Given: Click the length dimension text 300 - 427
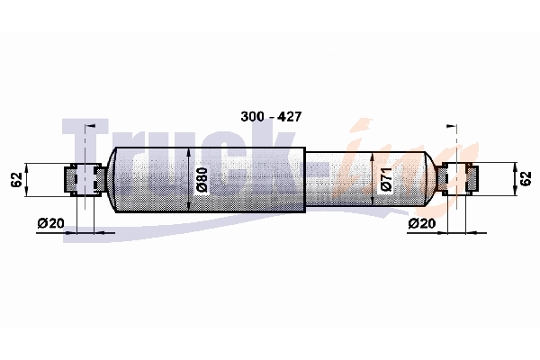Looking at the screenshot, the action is pyautogui.click(x=271, y=117).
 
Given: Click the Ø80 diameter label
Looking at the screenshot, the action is pyautogui.click(x=202, y=179).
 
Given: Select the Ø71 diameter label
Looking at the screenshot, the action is pyautogui.click(x=386, y=179).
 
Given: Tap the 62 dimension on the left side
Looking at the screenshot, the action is pyautogui.click(x=16, y=179).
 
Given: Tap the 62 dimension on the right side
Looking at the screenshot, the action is pyautogui.click(x=526, y=179).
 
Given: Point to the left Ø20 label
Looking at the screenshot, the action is pyautogui.click(x=51, y=223).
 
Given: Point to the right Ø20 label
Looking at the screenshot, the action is pyautogui.click(x=422, y=223).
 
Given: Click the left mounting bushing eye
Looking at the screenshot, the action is pyautogui.click(x=85, y=179).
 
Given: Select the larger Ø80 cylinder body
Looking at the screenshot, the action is pyautogui.click(x=210, y=180).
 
